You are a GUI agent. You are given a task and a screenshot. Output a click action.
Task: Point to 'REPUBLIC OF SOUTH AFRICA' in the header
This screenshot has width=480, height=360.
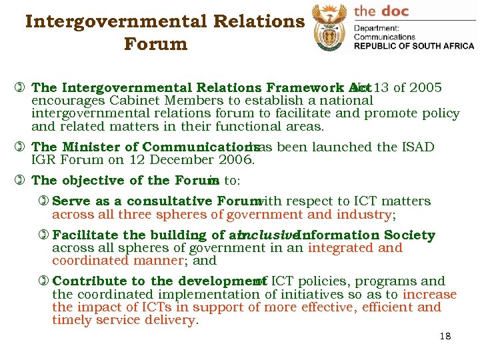tap(413, 46)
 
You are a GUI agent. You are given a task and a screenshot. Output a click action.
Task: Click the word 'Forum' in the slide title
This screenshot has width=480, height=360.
tap(155, 45)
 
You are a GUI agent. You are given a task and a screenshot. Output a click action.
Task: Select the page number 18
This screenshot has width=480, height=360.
tap(445, 336)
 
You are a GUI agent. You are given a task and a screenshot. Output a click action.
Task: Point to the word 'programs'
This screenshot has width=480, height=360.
tap(383, 281)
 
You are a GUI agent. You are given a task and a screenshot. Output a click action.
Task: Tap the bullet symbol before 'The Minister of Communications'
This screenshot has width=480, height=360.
tap(23, 147)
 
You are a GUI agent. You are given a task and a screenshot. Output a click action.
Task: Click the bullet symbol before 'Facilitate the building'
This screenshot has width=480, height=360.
tap(44, 235)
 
